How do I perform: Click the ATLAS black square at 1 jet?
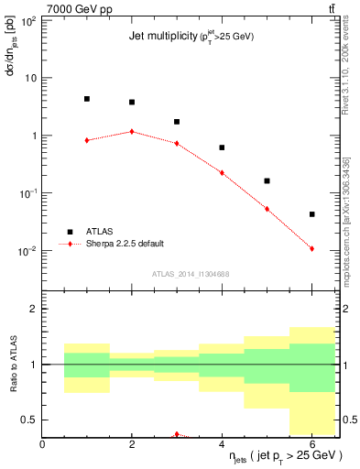click(87, 99)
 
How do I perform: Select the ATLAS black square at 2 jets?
click(132, 103)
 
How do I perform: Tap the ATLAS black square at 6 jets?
click(312, 214)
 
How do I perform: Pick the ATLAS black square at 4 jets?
click(222, 147)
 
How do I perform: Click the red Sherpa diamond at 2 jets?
click(132, 131)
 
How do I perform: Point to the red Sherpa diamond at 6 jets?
click(312, 248)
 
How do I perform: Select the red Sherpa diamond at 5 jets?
click(267, 209)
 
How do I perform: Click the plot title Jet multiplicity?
click(161, 37)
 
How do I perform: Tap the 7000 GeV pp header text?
click(73, 7)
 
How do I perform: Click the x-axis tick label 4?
click(222, 444)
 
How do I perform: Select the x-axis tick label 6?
click(312, 444)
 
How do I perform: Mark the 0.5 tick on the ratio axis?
click(30, 420)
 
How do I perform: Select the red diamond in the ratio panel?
click(177, 434)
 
